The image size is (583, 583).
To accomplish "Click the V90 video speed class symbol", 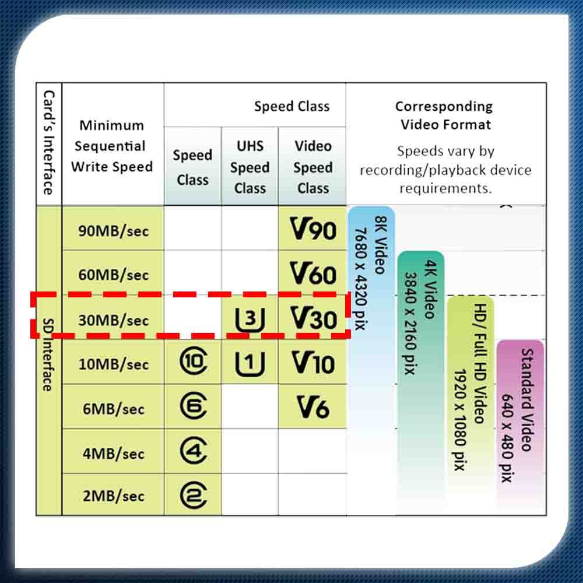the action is (x=313, y=229).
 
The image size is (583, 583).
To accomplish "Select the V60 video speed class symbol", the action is (x=313, y=273).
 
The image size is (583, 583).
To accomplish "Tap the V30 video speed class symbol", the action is (x=313, y=318).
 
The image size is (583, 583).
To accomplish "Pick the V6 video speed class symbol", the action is (x=313, y=408).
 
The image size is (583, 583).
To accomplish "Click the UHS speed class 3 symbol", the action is (x=250, y=319).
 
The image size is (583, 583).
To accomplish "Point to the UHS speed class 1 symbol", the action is (x=250, y=363).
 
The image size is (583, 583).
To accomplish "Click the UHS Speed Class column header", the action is (x=250, y=167).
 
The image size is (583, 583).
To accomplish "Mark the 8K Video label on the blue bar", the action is (x=380, y=245).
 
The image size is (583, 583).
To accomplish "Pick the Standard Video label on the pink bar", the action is (x=527, y=400).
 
